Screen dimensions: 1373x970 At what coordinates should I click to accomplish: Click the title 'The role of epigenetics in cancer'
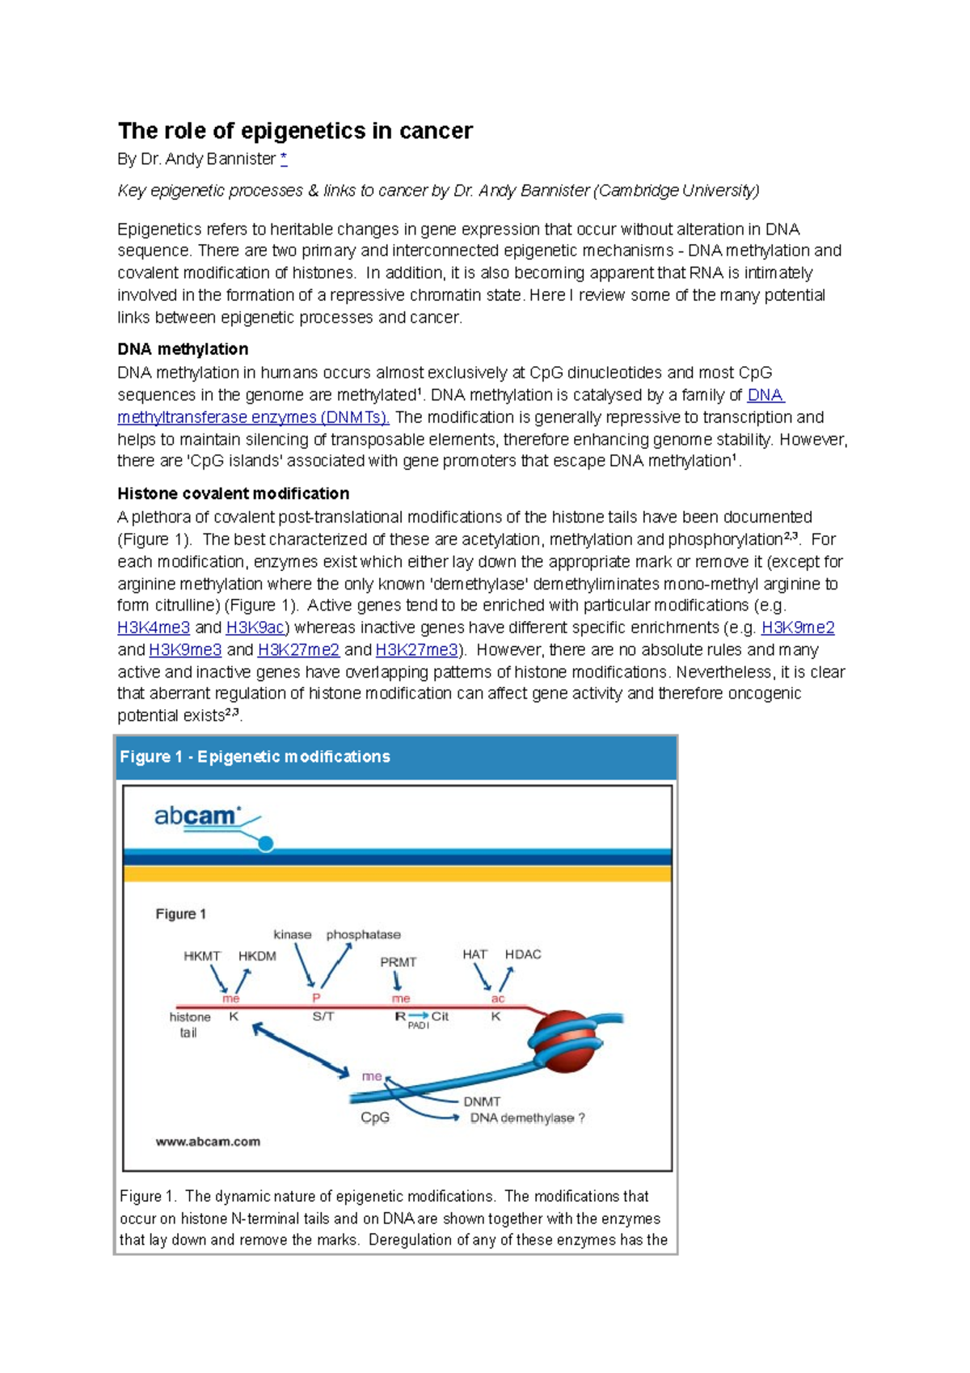click(295, 131)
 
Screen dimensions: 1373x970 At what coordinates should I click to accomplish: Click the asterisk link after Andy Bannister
click(284, 159)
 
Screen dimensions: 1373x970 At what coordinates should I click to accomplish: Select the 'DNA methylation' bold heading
click(183, 349)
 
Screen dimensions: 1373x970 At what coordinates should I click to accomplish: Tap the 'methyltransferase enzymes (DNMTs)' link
click(253, 418)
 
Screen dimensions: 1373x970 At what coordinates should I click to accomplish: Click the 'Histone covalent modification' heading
click(233, 493)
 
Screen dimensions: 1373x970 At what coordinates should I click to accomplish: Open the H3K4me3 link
click(154, 628)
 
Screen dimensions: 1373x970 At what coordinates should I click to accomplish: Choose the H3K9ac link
click(255, 628)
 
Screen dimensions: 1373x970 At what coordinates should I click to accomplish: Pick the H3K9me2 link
click(797, 628)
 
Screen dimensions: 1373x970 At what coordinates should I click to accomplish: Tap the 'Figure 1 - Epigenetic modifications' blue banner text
click(255, 757)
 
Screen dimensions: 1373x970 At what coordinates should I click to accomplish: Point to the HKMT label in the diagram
click(201, 956)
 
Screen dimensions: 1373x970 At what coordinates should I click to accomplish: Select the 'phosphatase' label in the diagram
click(363, 935)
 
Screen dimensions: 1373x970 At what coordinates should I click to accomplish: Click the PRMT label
click(398, 962)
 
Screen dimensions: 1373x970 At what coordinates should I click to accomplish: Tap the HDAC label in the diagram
click(522, 955)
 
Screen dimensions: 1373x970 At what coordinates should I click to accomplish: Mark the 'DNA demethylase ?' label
click(527, 1118)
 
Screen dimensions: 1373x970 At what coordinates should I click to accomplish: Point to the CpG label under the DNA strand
click(374, 1117)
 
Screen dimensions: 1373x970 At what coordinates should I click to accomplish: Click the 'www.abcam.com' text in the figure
click(208, 1142)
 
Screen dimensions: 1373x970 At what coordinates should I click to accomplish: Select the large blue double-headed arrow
click(300, 1050)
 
